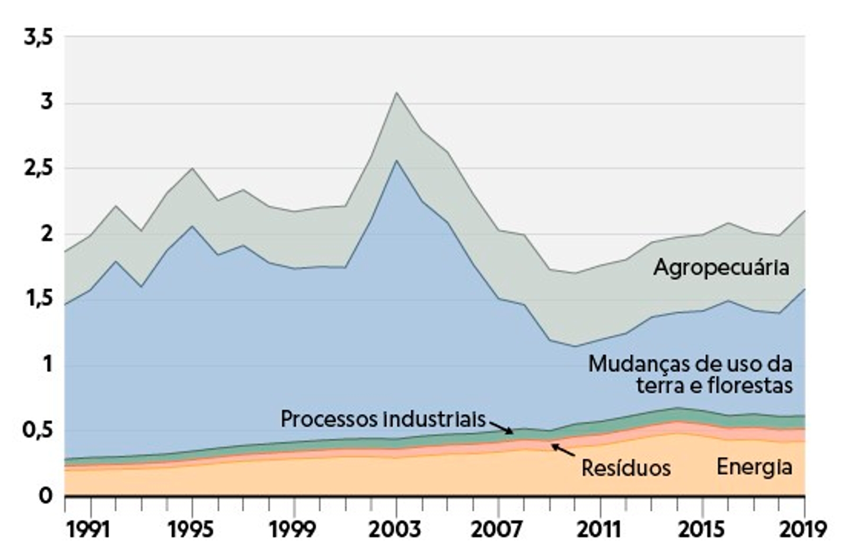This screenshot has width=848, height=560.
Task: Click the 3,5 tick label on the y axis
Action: click(39, 39)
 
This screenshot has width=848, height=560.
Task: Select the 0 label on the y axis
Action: click(46, 496)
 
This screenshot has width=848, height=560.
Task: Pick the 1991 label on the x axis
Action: click(89, 529)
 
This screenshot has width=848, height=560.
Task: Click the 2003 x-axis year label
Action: click(395, 529)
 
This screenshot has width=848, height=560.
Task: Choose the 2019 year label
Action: click(804, 529)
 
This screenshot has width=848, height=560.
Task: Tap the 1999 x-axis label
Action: click(293, 529)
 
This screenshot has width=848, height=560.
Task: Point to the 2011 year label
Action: click(599, 529)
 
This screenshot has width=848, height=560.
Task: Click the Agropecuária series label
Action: click(721, 267)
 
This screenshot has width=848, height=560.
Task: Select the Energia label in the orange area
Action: click(754, 467)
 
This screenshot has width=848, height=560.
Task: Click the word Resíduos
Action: click(626, 468)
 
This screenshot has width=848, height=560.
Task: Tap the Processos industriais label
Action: click(383, 419)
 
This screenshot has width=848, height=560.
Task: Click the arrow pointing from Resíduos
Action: click(562, 450)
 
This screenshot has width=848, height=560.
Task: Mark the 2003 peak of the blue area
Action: click(396, 161)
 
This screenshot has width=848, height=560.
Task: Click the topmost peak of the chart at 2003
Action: click(396, 93)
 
